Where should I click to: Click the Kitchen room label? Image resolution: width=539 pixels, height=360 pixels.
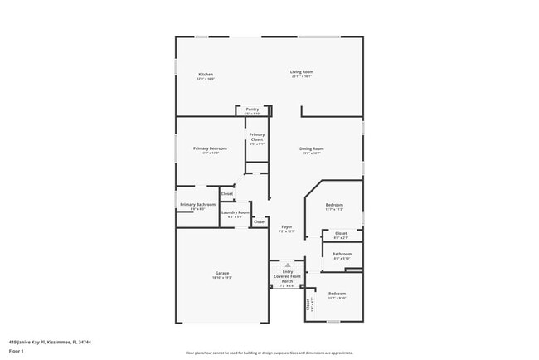[206, 74]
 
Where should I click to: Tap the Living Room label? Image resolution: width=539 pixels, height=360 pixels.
[301, 71]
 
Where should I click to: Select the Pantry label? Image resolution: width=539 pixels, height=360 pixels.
[252, 109]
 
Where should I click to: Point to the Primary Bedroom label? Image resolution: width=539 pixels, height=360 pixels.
[210, 148]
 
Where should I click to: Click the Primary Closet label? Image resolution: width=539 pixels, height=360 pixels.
[257, 136]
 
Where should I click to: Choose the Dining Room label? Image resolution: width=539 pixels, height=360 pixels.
[312, 148]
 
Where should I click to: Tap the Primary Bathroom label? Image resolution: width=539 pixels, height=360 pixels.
[198, 204]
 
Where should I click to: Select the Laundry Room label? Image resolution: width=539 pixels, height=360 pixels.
[235, 212]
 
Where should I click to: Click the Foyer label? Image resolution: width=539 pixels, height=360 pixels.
[287, 226]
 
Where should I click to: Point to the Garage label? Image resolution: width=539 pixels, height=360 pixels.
[222, 273]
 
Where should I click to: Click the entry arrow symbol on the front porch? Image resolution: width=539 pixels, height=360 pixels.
[288, 265]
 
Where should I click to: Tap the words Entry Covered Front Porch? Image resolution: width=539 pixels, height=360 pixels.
[288, 276]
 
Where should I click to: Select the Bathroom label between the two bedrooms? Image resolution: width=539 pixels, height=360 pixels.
[342, 254]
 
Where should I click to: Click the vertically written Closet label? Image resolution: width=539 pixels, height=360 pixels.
[308, 304]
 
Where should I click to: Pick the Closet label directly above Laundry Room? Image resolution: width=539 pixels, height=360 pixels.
[226, 194]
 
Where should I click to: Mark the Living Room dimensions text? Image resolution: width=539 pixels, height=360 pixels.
[301, 76]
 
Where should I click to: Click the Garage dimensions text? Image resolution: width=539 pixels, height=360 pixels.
[222, 278]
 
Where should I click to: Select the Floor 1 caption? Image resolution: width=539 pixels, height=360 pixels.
[17, 350]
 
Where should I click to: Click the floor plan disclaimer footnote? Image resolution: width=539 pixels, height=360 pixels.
[268, 353]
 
